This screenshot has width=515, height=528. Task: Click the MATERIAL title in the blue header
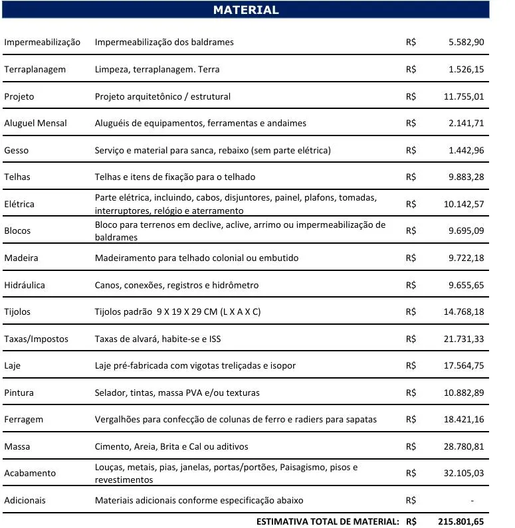pos(246,10)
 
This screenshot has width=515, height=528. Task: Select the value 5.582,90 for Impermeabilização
pos(466,42)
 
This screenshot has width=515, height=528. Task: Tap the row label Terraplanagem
pos(35,69)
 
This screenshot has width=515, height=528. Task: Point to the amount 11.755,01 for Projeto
pos(464,96)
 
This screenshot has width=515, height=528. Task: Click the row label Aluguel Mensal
pos(35,123)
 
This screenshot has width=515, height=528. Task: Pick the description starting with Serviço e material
pos(213,150)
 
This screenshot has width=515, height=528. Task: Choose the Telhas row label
pos(17,177)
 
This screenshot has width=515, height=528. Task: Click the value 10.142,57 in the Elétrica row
pos(464,204)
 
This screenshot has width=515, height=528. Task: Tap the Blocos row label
pos(17,230)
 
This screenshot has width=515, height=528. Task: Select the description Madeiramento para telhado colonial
pos(197,258)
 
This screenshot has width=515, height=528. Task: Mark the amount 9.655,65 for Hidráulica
pos(466,285)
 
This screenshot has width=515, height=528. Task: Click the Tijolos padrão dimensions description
pos(177,311)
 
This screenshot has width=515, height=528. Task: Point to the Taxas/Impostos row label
pos(36,339)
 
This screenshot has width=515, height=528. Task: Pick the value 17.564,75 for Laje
pos(464,365)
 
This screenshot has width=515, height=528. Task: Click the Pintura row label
pos(19,393)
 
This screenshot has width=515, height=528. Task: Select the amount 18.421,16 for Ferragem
pos(464,419)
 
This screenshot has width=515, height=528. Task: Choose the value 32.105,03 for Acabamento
pos(464,473)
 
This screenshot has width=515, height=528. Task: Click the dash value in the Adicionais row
pos(472,500)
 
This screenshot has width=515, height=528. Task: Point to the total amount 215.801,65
pos(461,521)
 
